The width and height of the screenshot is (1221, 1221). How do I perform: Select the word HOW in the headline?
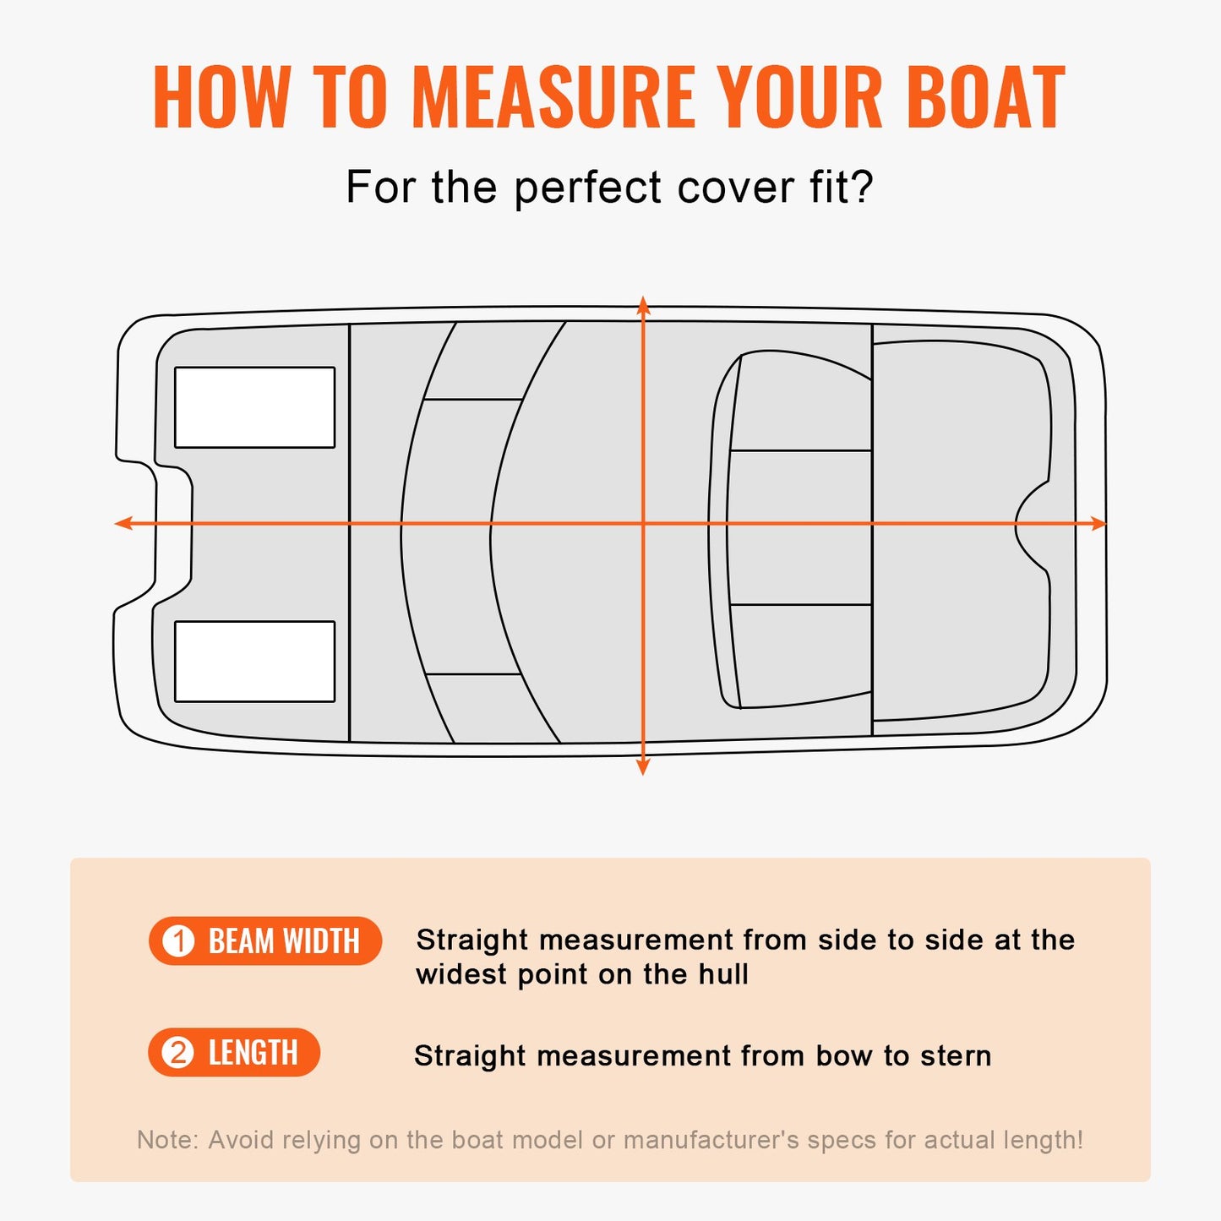point(221,98)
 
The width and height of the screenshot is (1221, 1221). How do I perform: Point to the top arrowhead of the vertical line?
point(643,304)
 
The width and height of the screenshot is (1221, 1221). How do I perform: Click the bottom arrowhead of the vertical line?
point(643,766)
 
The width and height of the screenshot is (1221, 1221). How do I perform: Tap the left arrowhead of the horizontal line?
point(123,524)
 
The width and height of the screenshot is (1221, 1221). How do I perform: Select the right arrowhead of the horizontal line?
point(1098,524)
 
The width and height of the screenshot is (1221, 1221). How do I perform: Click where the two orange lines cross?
point(643,524)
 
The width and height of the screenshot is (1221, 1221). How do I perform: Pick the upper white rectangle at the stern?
point(254,407)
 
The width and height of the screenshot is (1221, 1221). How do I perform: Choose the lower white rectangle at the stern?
point(254,662)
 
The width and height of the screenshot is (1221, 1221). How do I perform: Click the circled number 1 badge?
point(178,941)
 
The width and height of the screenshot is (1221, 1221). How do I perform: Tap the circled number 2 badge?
point(178,1053)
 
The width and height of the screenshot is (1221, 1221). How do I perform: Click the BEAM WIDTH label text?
point(284,941)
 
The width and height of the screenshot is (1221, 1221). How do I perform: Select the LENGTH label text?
point(253,1053)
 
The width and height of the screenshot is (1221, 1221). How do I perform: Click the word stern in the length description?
point(956,1056)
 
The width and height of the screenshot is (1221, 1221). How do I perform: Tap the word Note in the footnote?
point(166,1140)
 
